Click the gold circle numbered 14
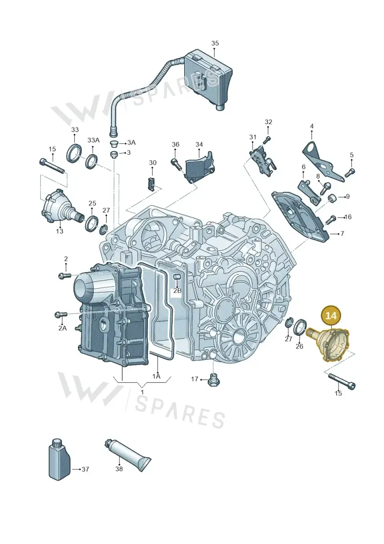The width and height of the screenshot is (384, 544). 331,316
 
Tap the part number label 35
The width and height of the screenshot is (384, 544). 215,43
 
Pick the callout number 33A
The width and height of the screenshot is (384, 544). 93,140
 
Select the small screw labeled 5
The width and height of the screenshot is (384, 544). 350,172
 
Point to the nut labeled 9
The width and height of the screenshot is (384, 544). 332,199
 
